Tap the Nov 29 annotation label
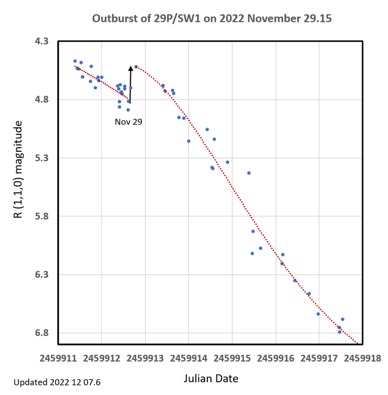[129, 122]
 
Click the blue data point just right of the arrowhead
[136, 67]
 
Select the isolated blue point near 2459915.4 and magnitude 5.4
[249, 173]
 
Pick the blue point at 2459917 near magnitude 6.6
[318, 314]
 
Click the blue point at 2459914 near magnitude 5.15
[189, 141]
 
